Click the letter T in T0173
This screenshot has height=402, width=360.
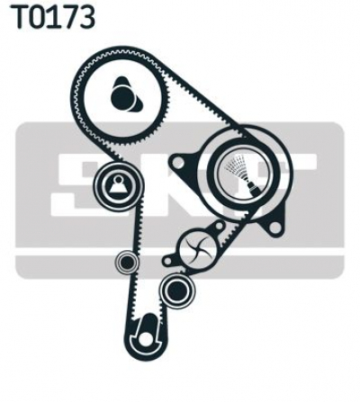(x=22, y=17)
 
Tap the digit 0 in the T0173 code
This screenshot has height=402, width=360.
(x=40, y=17)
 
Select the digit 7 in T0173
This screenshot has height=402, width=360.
(x=70, y=17)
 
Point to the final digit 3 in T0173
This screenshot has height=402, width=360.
(x=86, y=17)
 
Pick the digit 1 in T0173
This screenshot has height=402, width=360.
(x=55, y=17)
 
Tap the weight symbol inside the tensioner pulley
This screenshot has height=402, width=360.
(x=118, y=185)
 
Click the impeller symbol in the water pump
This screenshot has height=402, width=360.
(x=197, y=249)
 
